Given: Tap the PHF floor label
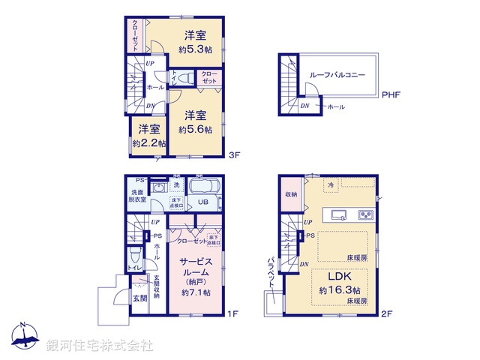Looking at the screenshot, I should pyautogui.click(x=391, y=95).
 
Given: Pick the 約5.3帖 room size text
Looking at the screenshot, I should pyautogui.click(x=194, y=50).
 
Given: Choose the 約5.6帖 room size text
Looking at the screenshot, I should pyautogui.click(x=195, y=129).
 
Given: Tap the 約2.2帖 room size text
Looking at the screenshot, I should pyautogui.click(x=148, y=142).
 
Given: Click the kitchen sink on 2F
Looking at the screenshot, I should pyautogui.click(x=336, y=215).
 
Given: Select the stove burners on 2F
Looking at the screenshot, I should pyautogui.click(x=365, y=215).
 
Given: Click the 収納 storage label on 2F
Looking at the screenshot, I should pyautogui.click(x=291, y=194).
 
